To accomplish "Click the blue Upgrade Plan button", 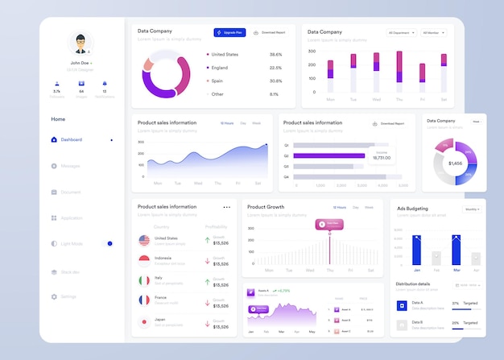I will click(x=229, y=32).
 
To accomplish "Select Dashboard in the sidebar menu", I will click(x=71, y=139).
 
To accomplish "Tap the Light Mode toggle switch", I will click(x=109, y=243).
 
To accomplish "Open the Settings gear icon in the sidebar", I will click(x=54, y=296).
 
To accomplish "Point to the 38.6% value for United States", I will click(x=275, y=55).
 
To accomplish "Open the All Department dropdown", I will click(x=402, y=33).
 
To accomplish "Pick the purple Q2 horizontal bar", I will click(x=329, y=155).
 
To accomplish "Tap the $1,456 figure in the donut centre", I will click(x=455, y=163).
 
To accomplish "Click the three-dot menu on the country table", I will click(x=226, y=207).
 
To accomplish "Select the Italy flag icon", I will click(x=144, y=280).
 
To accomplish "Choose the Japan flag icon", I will click(x=144, y=321).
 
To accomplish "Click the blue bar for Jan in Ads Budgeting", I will click(x=416, y=250).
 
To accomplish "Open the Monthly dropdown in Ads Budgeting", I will click(x=472, y=209).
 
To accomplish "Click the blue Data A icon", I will click(x=402, y=304).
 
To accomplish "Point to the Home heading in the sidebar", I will click(x=58, y=119).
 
